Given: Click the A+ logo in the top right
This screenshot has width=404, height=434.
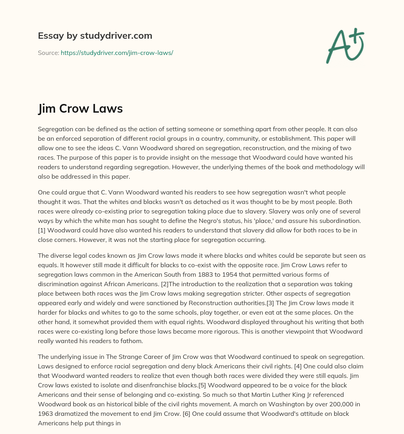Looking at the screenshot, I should [345, 46].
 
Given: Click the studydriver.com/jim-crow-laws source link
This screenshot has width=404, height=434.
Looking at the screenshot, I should [117, 53].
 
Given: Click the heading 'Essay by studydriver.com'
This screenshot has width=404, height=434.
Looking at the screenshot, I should [95, 36].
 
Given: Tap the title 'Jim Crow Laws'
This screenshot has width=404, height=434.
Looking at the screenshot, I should [80, 109].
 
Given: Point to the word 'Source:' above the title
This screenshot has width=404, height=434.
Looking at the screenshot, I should [48, 53].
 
